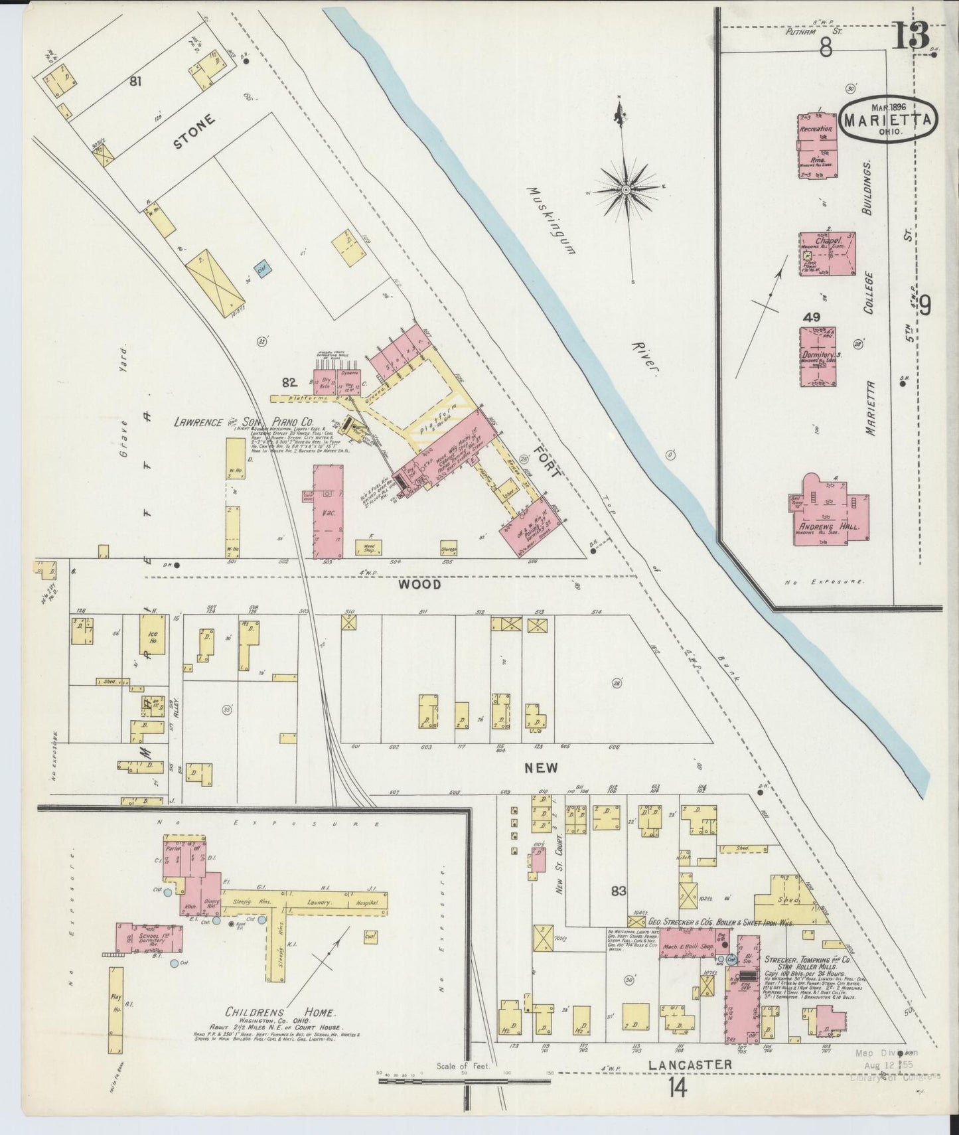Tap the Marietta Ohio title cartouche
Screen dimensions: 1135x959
point(890,119)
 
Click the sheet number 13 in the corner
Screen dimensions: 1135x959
point(911,37)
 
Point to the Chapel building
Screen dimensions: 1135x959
point(826,254)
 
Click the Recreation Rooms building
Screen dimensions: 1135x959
point(817,145)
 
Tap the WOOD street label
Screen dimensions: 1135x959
point(419,585)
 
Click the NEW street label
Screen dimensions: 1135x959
point(541,767)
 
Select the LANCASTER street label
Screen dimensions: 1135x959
point(690,1064)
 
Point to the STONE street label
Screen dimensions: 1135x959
point(196,132)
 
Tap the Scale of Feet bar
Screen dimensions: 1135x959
point(464,1081)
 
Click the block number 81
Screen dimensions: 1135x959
point(137,82)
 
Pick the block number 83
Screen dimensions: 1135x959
point(619,890)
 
